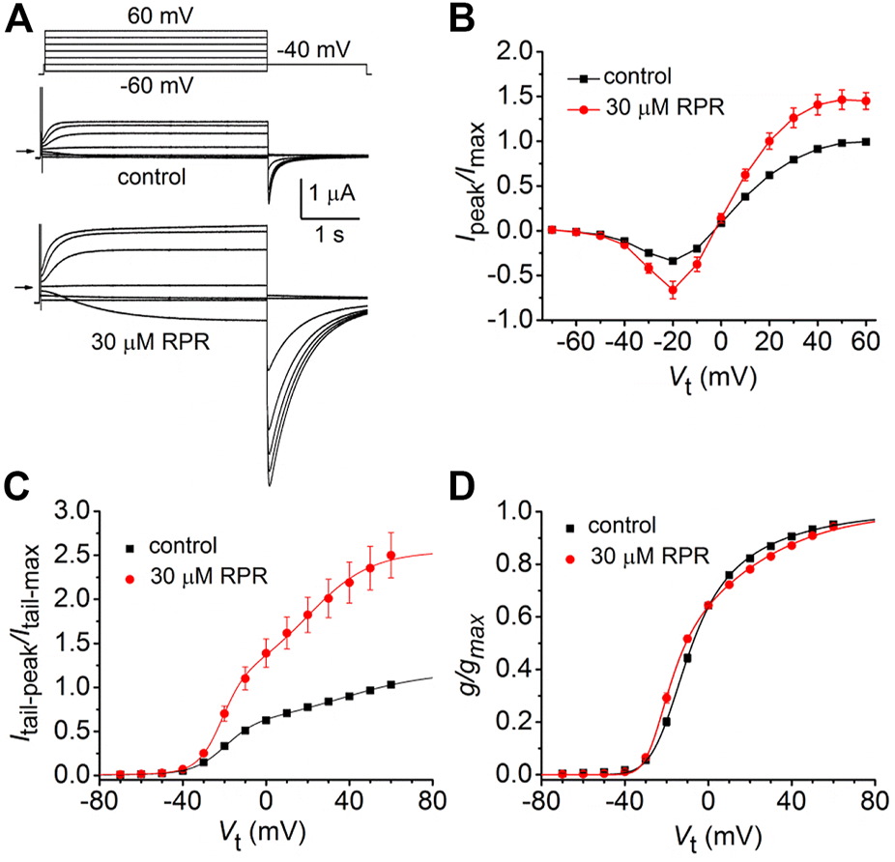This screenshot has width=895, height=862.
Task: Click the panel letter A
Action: [18, 18]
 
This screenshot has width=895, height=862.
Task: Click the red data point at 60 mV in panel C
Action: [390, 556]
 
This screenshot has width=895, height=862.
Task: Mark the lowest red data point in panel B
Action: [672, 290]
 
